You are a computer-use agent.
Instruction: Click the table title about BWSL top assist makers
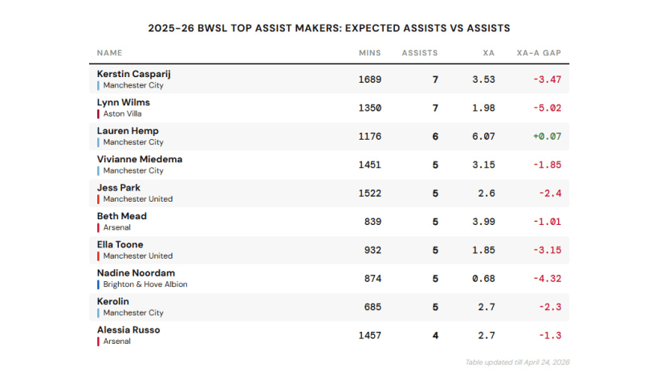coord(329,27)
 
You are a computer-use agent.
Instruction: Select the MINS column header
coord(370,53)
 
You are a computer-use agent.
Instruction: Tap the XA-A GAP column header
coord(539,53)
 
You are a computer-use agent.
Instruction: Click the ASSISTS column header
coord(420,53)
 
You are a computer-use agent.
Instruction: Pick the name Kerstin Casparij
coord(133,74)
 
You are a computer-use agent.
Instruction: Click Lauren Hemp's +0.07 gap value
coord(547,137)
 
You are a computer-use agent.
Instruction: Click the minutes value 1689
coord(370,80)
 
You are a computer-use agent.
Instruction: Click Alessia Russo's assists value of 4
coord(435,335)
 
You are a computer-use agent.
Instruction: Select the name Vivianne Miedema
coord(139,159)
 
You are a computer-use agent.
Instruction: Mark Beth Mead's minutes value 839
coord(373,222)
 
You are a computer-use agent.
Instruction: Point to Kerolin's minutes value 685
coord(373,307)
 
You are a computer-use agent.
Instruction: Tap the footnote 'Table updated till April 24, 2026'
coord(517,362)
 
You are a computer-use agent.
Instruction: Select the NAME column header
coord(110,53)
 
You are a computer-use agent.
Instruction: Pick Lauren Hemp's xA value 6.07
coord(483,137)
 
